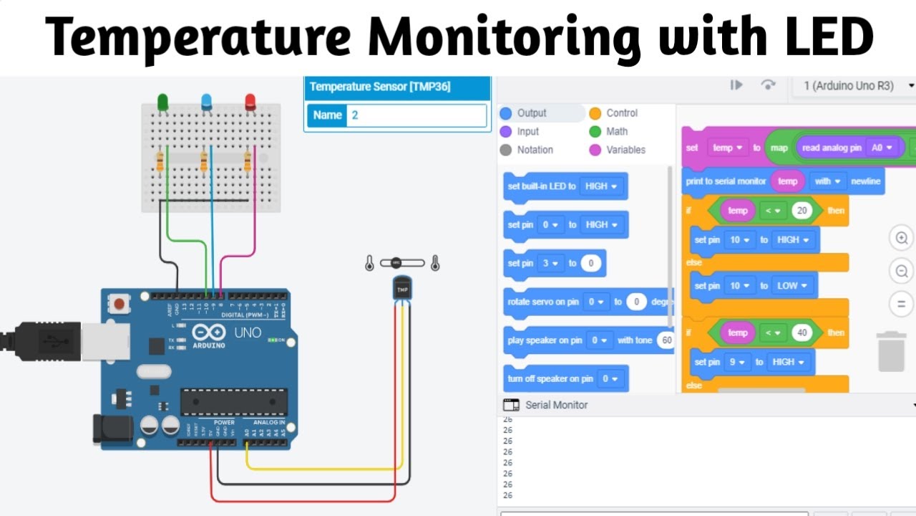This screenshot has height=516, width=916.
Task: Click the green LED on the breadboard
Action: coord(163,102)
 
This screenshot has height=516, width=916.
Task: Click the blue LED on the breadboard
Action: coord(207,102)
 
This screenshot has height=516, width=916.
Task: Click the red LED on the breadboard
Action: coord(250,102)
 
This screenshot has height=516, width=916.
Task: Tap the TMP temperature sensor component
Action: coord(402,289)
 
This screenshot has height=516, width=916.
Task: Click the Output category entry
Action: coord(531,113)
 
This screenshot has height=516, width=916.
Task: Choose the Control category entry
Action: coord(621,113)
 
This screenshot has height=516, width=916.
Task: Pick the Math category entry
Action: coord(616,132)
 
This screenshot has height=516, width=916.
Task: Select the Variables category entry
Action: coord(625,150)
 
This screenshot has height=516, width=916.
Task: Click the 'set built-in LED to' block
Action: coord(565,186)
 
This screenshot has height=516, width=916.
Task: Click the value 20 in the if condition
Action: coord(800,210)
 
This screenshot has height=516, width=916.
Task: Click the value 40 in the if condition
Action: coord(800,333)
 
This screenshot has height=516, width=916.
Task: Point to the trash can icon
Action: coord(892,351)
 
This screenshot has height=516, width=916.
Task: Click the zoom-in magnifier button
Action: coord(902,238)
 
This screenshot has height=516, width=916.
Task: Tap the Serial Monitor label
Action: coord(556,405)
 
